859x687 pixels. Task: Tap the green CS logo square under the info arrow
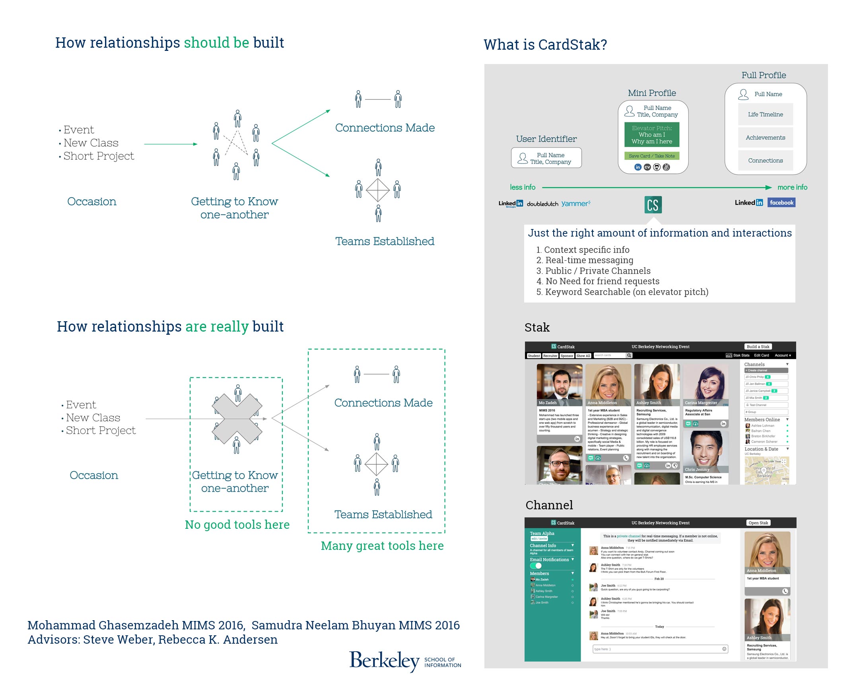click(x=653, y=205)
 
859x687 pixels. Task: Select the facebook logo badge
click(x=781, y=203)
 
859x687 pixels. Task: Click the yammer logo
click(x=575, y=204)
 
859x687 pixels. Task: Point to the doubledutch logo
click(x=542, y=204)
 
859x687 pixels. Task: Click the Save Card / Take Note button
click(x=651, y=156)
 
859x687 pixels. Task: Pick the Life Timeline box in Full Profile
click(x=765, y=114)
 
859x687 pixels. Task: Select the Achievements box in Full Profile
click(x=765, y=138)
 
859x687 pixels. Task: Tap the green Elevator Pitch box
click(x=651, y=135)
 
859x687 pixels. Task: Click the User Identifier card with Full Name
click(x=546, y=158)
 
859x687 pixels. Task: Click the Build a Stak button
click(x=758, y=347)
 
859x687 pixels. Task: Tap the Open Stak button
click(x=758, y=523)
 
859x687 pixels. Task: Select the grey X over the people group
click(x=237, y=419)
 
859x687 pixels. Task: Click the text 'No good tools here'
click(x=237, y=524)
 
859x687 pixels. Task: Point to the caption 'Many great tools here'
click(x=382, y=545)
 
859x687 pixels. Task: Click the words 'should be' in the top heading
click(x=216, y=43)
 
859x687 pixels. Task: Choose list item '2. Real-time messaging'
click(x=585, y=260)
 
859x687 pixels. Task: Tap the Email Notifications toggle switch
click(x=535, y=565)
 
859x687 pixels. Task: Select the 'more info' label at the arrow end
click(x=792, y=187)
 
